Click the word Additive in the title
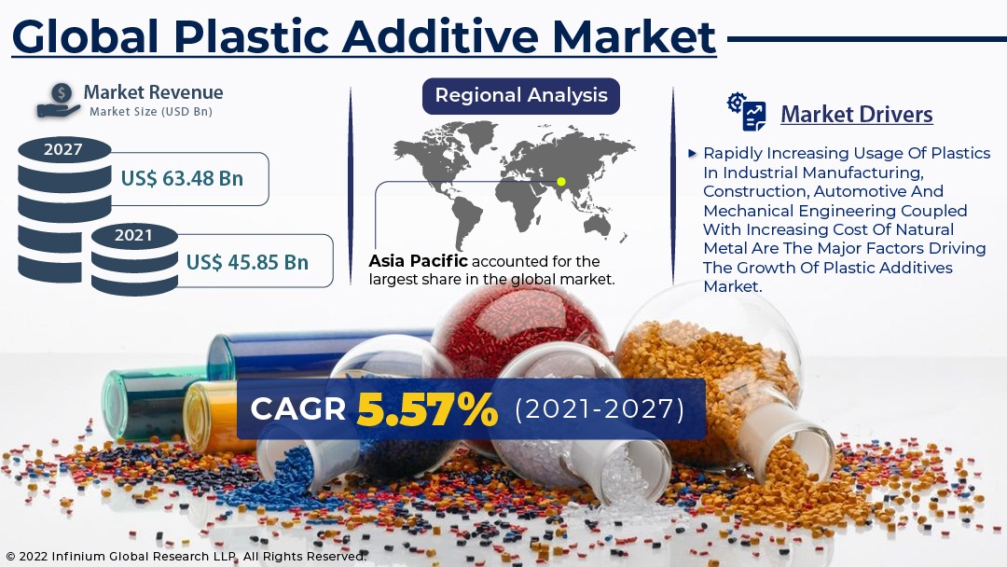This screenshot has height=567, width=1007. (x=440, y=36)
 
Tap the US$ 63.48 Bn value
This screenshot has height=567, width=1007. (x=182, y=178)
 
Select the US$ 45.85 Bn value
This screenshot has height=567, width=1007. (x=247, y=262)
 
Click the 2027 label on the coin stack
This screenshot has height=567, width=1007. (x=63, y=149)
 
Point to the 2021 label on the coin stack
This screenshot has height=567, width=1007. (x=133, y=236)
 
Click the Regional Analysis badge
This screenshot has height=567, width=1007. (x=521, y=96)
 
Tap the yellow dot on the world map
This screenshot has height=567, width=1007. (x=560, y=182)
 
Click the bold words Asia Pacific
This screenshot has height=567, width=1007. (x=418, y=261)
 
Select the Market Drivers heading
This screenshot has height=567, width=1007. (x=857, y=115)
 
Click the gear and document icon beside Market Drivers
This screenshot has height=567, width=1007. (x=747, y=112)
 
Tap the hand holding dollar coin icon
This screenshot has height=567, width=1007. (x=59, y=101)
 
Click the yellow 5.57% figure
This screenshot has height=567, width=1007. (x=427, y=409)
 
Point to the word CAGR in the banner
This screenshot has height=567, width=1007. (x=298, y=409)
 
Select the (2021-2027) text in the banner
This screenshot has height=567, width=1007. (x=600, y=409)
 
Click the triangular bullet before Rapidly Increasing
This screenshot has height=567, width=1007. (x=692, y=154)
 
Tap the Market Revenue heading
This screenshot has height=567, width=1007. (x=154, y=92)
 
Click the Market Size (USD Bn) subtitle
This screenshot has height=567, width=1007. (x=151, y=112)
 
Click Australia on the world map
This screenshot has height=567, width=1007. (x=598, y=225)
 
